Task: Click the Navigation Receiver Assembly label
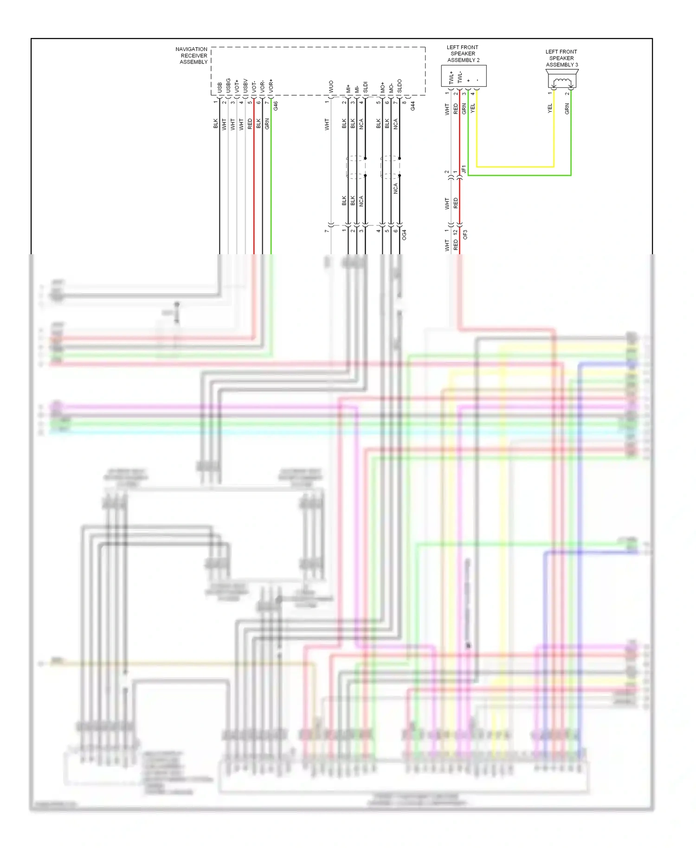[192, 56]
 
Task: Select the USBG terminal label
[228, 85]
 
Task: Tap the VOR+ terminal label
[271, 85]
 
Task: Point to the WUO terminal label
[331, 86]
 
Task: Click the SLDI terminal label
[365, 87]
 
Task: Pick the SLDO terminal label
[400, 86]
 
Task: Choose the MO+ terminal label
[382, 87]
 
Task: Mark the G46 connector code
[276, 106]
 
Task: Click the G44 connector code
[412, 106]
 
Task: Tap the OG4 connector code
[404, 235]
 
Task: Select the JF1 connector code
[464, 170]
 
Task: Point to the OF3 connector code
[465, 235]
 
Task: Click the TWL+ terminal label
[451, 77]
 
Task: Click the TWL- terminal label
[459, 77]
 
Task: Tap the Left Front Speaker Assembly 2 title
[463, 54]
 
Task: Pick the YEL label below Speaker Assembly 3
[550, 108]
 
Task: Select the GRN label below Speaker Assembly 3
[567, 109]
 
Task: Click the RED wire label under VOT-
[250, 124]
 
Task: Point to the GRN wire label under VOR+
[267, 124]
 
